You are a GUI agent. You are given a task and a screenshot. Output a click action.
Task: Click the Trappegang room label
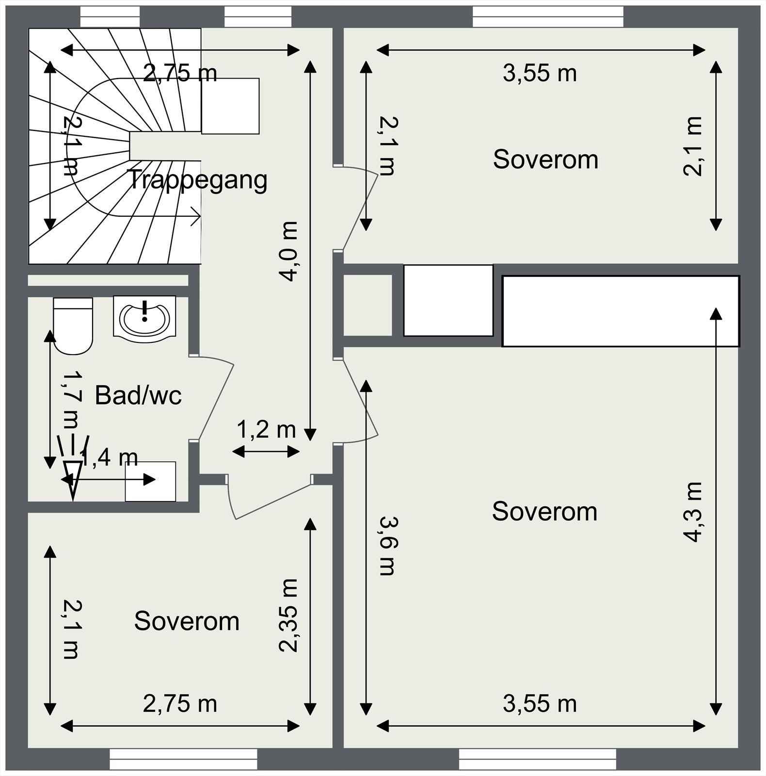[197, 180]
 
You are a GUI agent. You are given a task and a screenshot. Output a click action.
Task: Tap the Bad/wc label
[138, 395]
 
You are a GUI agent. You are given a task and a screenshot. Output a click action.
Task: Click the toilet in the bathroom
[73, 325]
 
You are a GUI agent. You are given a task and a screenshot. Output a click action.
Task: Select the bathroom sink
[144, 316]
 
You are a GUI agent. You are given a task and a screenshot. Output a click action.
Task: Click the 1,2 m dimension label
[266, 429]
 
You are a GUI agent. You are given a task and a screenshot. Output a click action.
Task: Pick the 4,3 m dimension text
[692, 512]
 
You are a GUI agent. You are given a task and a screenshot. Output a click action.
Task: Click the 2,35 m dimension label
[288, 615]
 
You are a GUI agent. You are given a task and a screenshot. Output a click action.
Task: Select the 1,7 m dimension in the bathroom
[70, 399]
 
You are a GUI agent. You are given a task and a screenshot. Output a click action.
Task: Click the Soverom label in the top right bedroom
[545, 160]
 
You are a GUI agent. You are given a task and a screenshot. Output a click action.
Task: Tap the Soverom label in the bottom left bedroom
[187, 621]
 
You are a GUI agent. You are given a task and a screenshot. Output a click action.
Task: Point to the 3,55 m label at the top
[540, 74]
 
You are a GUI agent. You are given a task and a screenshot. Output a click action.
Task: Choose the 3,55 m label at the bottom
[540, 704]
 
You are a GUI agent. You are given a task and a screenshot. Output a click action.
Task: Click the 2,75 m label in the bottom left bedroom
[180, 704]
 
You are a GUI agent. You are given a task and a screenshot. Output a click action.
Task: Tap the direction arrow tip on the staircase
[200, 216]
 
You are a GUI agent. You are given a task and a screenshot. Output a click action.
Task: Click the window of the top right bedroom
[548, 17]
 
